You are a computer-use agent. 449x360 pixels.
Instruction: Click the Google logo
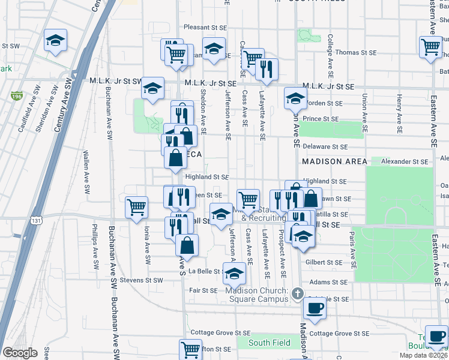20,353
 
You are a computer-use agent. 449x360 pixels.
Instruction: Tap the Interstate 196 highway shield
16,95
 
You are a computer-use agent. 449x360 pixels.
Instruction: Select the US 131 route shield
37,220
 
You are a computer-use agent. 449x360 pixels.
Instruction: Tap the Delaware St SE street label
325,146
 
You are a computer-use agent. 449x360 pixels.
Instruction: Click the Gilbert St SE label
323,263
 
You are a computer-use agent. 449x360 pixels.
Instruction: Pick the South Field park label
270,343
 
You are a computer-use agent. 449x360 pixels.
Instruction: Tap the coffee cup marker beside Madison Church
315,308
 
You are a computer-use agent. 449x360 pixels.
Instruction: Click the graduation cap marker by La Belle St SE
234,275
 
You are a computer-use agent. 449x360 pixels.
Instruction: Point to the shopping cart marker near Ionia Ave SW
137,207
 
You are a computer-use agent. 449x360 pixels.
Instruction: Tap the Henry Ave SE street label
399,113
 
